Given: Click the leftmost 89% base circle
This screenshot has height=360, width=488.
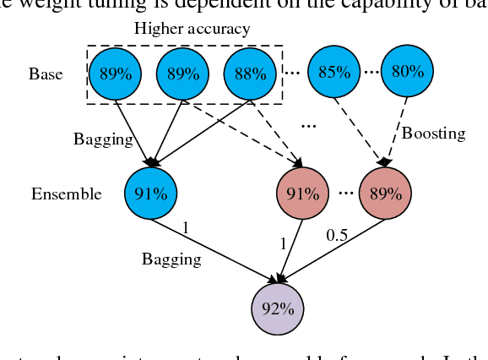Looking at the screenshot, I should coord(117,74).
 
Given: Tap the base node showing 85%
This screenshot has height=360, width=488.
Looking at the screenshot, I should coord(333,72).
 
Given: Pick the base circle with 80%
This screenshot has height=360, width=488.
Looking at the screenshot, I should coord(407,72).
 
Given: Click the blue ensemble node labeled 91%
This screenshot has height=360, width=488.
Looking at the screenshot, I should coord(149,193).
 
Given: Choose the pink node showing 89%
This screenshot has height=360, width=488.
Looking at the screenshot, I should coord(385,193).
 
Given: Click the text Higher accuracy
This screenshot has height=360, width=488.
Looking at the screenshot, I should coord(192,30).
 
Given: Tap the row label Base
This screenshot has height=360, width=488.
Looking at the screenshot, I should coord(46,74).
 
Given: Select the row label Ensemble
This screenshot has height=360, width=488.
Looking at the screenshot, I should coord(67,194).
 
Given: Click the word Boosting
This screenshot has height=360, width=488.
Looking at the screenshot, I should coord(433,134).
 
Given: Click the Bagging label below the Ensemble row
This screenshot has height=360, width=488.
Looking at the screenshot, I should coord(171,259).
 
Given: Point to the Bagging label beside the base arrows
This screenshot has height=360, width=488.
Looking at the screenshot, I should coord(104,139).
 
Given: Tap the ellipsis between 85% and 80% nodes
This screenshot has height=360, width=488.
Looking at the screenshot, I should coord(371,73).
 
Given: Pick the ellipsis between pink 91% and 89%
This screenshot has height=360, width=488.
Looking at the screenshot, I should coord(344,193).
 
